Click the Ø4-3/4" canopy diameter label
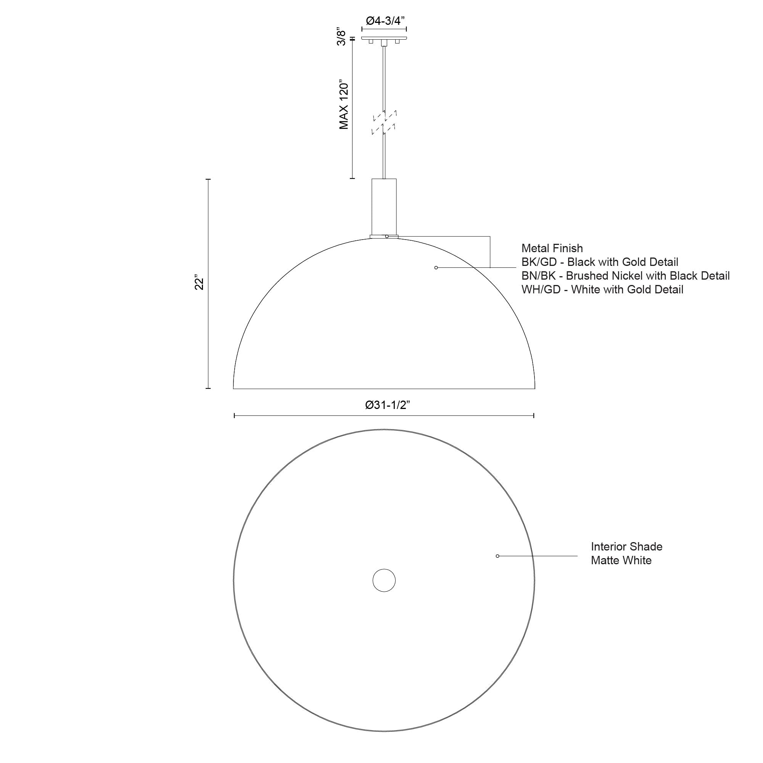(385, 21)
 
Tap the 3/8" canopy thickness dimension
(341, 37)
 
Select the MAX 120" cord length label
(344, 106)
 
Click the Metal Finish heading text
(552, 248)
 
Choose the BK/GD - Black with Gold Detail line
(599, 262)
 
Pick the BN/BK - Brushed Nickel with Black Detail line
(625, 276)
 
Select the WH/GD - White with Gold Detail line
(602, 290)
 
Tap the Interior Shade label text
(626, 547)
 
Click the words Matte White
(621, 560)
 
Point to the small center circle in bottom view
(384, 581)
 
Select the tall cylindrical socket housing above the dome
(384, 206)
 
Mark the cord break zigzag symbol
(384, 123)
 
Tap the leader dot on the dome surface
(436, 268)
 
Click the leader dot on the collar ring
(387, 236)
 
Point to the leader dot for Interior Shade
(497, 556)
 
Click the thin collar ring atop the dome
(377, 237)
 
